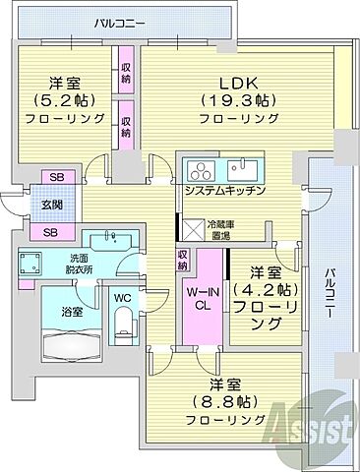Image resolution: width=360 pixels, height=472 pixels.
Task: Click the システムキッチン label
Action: tap(223, 190)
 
